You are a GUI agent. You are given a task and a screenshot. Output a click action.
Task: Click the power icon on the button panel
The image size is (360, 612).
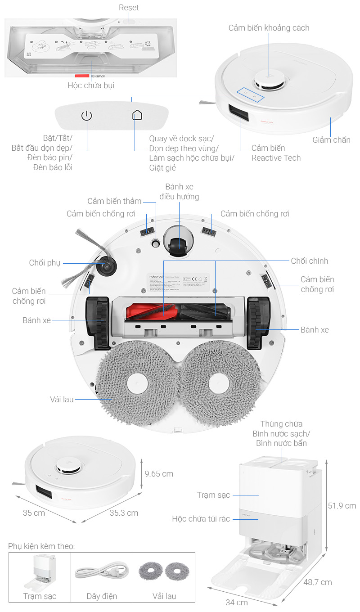point(86,116)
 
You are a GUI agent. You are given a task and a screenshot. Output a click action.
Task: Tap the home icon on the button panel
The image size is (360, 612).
point(137,115)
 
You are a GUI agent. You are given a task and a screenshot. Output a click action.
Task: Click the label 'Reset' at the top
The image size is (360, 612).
point(129,8)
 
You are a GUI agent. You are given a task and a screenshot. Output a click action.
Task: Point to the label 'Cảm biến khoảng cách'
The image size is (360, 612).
point(269,28)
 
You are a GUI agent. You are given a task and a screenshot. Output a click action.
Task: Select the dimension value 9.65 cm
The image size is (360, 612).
point(159,474)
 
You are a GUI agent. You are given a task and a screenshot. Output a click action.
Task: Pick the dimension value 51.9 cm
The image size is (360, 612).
point(342,506)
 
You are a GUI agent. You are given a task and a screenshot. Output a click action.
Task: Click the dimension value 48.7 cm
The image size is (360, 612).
point(317,582)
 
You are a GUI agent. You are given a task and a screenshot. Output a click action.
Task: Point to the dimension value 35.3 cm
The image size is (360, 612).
point(124,513)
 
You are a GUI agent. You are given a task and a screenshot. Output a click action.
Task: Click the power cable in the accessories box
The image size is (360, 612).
point(102,571)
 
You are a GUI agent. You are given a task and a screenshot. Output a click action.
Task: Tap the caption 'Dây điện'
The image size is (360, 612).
point(102,596)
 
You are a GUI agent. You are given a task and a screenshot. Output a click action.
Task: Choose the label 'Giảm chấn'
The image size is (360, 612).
point(331,140)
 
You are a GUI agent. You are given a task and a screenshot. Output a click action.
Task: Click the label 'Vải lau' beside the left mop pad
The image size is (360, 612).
point(62,399)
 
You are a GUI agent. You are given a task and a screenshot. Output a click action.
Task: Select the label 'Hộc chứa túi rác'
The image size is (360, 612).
point(201,519)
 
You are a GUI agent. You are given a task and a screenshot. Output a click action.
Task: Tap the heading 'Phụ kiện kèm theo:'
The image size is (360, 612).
point(41,546)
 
